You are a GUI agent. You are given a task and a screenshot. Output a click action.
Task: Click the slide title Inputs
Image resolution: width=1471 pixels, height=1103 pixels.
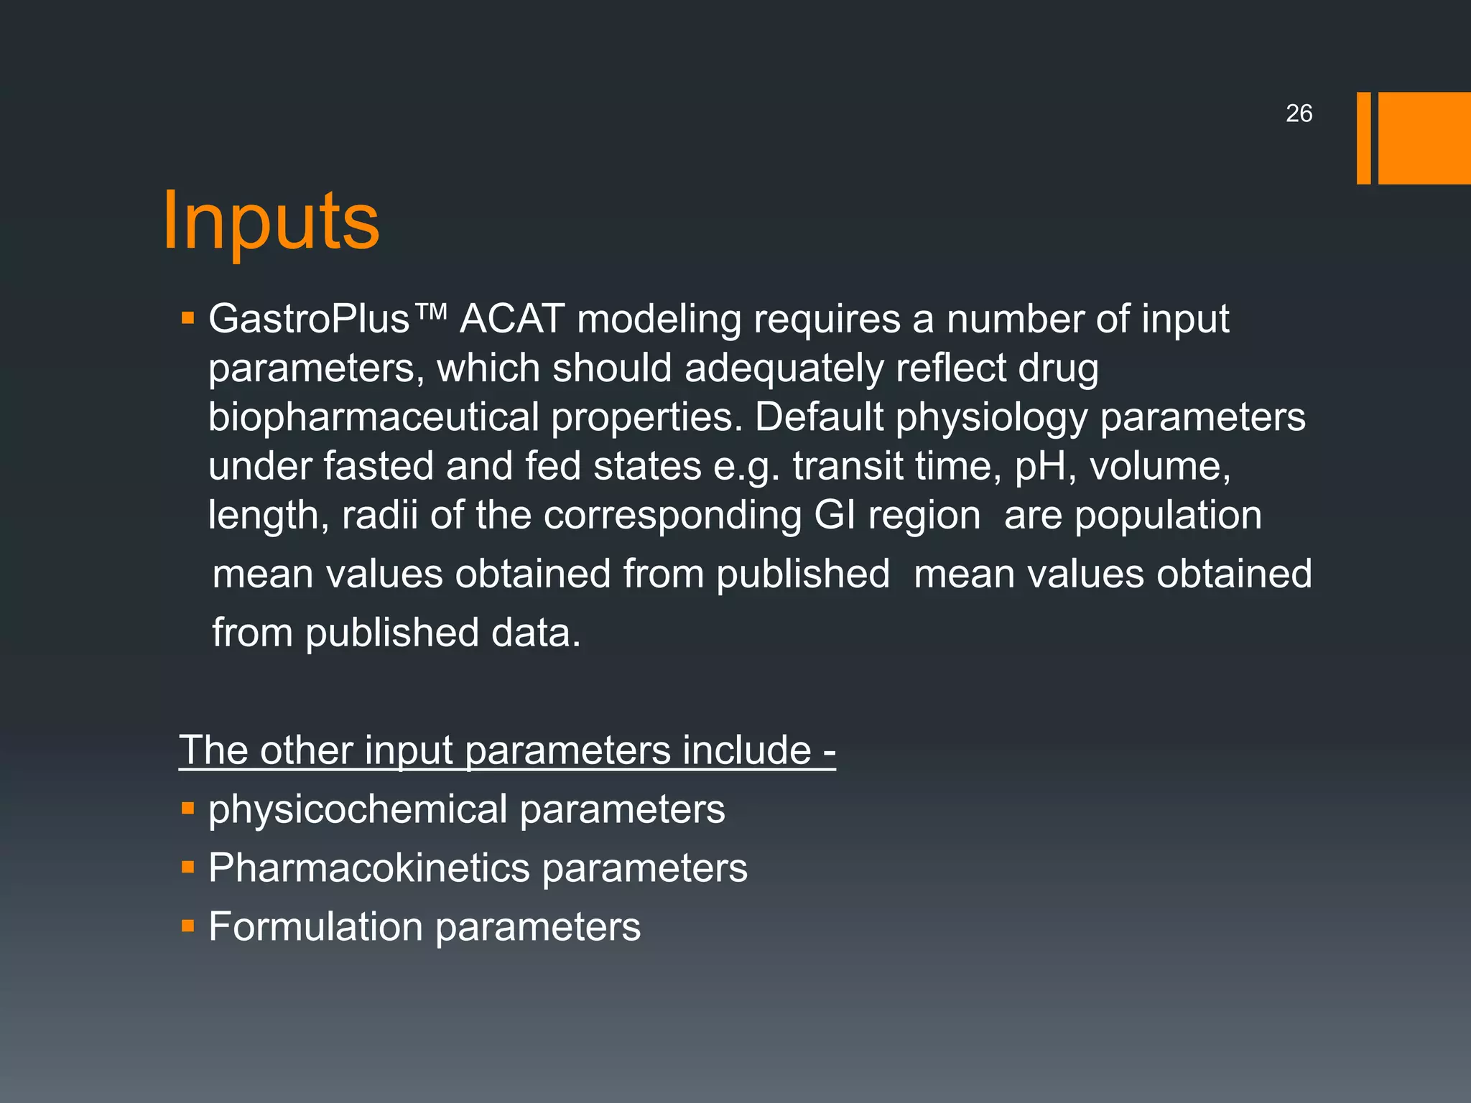click(270, 221)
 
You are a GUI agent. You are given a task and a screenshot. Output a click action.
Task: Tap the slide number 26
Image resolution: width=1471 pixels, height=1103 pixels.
click(1299, 113)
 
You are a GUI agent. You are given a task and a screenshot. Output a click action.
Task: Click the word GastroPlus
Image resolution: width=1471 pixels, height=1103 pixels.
click(309, 319)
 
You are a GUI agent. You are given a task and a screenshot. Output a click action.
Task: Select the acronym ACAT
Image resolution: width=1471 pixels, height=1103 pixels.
click(512, 319)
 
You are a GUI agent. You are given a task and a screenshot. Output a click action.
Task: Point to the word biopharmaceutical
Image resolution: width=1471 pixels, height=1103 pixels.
click(373, 417)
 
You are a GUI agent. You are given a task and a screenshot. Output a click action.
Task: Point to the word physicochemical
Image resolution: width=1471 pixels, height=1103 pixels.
click(358, 810)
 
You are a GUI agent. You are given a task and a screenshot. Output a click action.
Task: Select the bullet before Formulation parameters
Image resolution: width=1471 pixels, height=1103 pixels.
click(188, 926)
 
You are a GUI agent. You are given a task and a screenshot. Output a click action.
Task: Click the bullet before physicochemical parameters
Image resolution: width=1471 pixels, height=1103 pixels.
click(188, 809)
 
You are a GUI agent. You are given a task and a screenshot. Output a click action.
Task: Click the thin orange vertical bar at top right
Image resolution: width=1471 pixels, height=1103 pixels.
click(1363, 138)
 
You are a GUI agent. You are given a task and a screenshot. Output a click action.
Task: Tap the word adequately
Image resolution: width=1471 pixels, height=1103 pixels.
click(784, 368)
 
